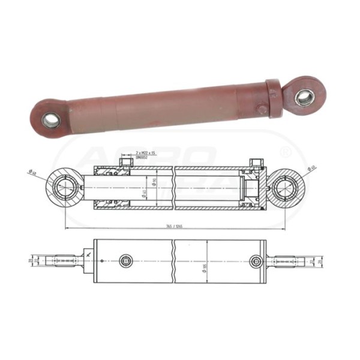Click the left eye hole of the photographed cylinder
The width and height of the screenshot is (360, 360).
(50, 120)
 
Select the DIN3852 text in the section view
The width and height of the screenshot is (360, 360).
(143, 160)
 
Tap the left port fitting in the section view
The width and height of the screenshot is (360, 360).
(126, 163)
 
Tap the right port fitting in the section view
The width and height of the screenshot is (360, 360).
(255, 163)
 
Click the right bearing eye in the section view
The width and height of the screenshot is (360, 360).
(284, 188)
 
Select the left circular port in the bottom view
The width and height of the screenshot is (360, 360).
(126, 262)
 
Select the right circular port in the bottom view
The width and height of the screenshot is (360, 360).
(256, 261)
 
